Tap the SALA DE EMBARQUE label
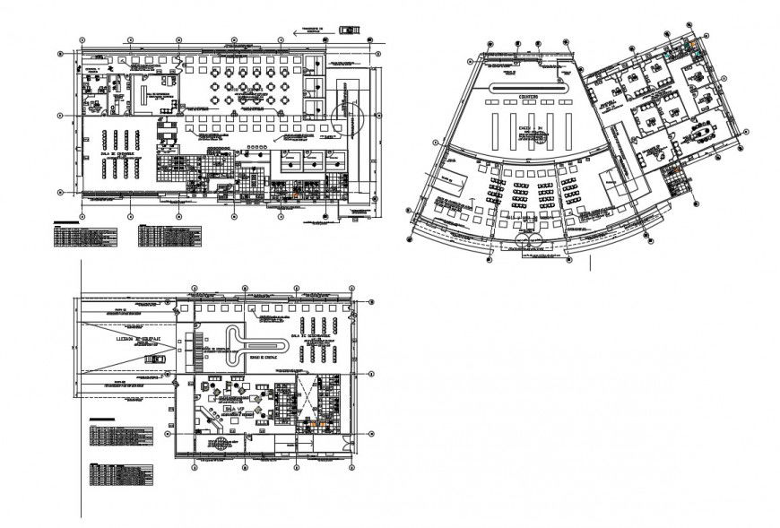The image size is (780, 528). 117,154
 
